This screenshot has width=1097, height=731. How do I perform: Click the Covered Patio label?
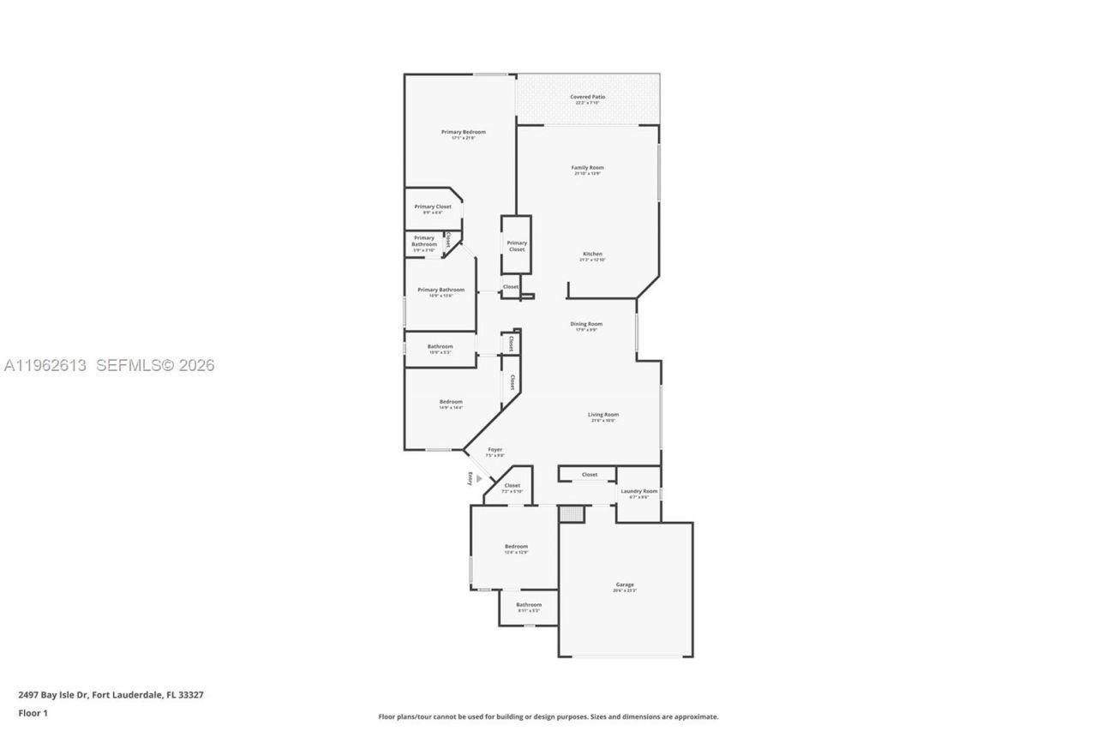pyautogui.click(x=587, y=97)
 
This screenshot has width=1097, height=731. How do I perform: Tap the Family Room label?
pyautogui.click(x=587, y=168)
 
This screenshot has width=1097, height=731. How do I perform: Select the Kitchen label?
pyautogui.click(x=592, y=255)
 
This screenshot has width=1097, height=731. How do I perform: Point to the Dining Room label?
pyautogui.click(x=586, y=324)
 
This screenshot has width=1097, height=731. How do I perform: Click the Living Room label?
pyautogui.click(x=603, y=415)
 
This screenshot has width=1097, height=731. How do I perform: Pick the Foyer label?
pyautogui.click(x=495, y=450)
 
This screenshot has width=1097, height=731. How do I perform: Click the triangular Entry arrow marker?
pyautogui.click(x=479, y=478)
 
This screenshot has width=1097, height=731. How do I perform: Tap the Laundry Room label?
pyautogui.click(x=638, y=492)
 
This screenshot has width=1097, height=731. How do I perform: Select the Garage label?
pyautogui.click(x=624, y=585)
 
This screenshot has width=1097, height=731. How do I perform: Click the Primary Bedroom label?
pyautogui.click(x=463, y=132)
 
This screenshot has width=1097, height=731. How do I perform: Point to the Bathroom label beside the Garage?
pyautogui.click(x=529, y=605)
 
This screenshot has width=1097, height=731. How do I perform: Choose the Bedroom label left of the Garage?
pyautogui.click(x=516, y=547)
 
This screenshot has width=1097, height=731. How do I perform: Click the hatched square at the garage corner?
pyautogui.click(x=571, y=513)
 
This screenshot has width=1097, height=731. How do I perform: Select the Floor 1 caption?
pyautogui.click(x=33, y=713)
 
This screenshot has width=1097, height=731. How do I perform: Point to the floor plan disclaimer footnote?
pyautogui.click(x=548, y=716)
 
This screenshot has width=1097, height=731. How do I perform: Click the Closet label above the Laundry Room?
pyautogui.click(x=590, y=474)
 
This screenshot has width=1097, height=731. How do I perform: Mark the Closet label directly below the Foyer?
pyautogui.click(x=512, y=486)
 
